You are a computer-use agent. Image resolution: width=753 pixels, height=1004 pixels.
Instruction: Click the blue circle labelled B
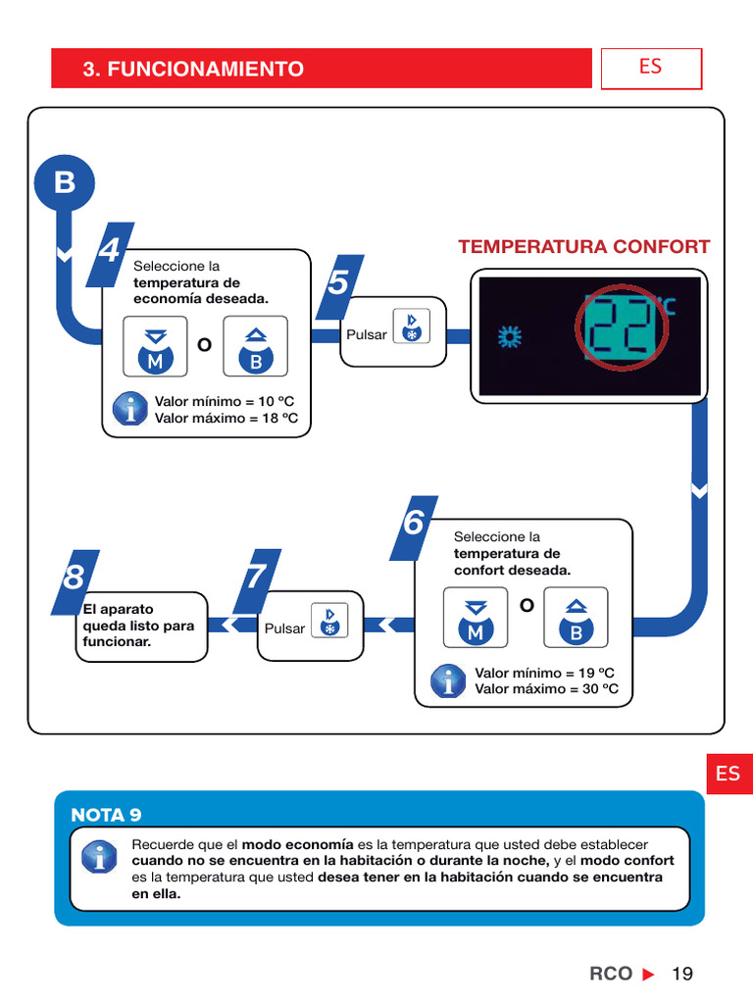(65, 183)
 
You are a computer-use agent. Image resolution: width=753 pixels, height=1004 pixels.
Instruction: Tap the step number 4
(110, 252)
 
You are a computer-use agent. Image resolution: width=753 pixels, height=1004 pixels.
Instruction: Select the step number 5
(338, 284)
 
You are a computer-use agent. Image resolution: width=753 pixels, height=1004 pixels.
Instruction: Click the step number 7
(256, 577)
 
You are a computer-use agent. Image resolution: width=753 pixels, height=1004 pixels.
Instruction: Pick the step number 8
(74, 577)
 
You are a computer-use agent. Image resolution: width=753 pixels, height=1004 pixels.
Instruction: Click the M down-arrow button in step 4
(155, 346)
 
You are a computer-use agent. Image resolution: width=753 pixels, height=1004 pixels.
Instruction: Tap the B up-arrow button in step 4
(256, 346)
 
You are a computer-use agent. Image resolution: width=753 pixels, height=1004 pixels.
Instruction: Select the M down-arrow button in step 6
(476, 618)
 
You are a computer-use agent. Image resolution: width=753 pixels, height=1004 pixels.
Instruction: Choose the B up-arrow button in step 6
(577, 618)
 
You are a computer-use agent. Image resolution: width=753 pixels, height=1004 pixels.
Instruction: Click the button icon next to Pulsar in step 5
(411, 326)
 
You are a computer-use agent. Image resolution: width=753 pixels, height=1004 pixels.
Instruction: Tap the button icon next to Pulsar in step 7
(329, 620)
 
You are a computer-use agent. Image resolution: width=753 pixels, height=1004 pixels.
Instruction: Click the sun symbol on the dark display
(510, 338)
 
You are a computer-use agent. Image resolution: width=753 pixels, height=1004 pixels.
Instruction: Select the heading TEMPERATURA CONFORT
(584, 247)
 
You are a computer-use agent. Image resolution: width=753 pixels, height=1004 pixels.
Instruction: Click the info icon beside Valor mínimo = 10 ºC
(130, 409)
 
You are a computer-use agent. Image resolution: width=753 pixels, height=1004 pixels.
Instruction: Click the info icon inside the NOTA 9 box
(98, 858)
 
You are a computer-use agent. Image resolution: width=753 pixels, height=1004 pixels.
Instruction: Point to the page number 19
(682, 974)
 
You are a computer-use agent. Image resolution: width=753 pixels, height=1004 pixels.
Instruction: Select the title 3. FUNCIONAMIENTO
(193, 69)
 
